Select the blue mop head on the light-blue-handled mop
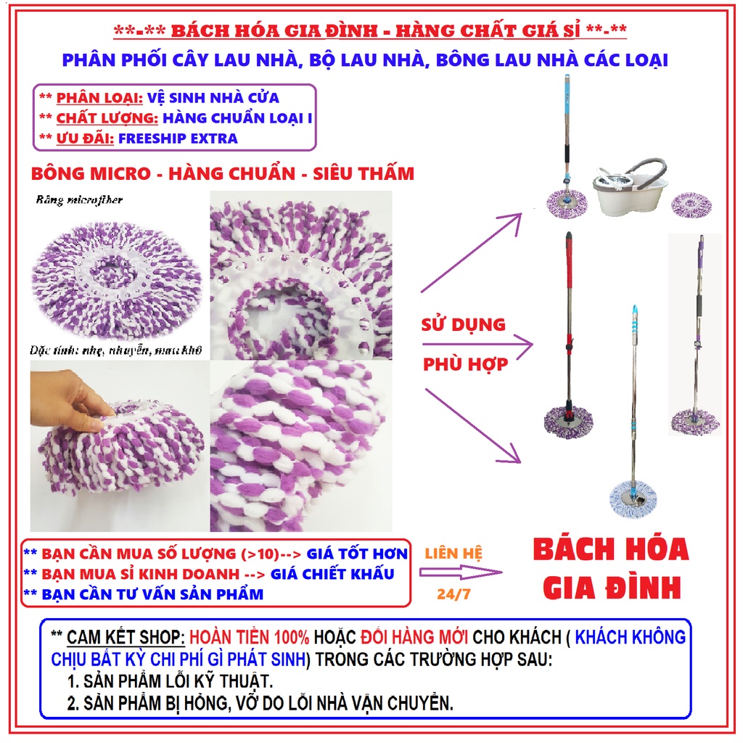[633, 498]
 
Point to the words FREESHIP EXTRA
[178, 139]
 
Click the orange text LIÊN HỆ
[453, 554]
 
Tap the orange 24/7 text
[453, 594]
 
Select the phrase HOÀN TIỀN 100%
[250, 637]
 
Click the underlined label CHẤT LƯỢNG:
[107, 118]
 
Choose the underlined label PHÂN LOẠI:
[99, 98]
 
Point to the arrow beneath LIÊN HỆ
[461, 573]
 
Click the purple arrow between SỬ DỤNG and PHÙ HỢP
[477, 345]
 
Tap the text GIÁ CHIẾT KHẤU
[332, 574]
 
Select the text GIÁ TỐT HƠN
[357, 554]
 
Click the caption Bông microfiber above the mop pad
[79, 200]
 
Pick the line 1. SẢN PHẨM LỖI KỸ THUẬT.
[170, 681]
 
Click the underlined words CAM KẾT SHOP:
[126, 637]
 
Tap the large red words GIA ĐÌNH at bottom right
[612, 588]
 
